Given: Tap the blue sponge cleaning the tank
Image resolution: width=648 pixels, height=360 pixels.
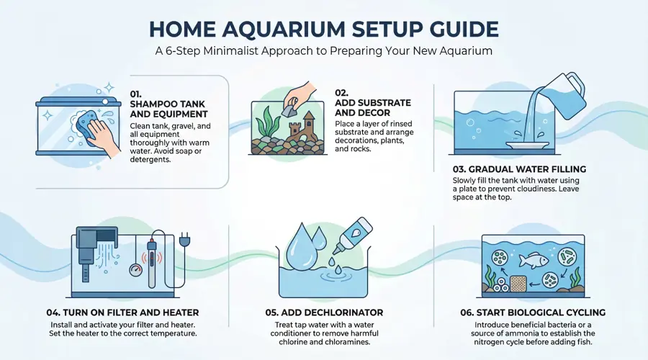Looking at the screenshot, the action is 87,123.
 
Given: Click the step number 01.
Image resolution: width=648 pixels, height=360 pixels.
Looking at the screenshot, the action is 135,94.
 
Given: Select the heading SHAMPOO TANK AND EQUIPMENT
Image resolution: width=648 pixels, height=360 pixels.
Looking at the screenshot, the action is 168,109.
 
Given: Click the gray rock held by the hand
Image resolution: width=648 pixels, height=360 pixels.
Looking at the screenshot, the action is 287,109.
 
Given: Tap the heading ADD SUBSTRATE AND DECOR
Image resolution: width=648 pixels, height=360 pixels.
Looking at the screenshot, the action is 373,107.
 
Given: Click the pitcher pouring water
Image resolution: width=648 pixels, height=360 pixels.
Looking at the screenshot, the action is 563,95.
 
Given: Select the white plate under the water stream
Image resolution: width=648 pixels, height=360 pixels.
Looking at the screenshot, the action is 528,145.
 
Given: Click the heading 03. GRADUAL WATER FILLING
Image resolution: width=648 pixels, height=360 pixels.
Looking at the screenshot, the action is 519,169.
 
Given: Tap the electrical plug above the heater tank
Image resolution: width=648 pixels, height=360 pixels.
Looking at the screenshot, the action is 185,238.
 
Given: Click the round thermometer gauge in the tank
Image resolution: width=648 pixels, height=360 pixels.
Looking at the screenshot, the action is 135,270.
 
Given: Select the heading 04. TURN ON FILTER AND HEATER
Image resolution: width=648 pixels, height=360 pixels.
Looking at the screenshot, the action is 122,312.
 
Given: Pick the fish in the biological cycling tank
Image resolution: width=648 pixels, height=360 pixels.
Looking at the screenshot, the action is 534,260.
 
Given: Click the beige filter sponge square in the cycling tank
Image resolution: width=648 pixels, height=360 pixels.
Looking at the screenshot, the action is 518,284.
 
